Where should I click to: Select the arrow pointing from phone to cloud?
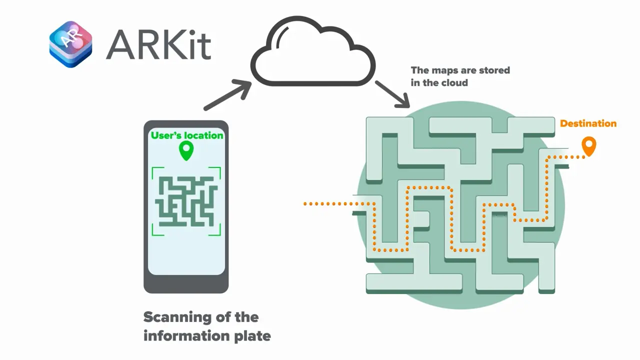pos(227,95)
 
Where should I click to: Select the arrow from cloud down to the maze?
pos(392,94)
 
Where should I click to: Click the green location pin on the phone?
pos(186,150)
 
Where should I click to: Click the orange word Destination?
pos(588,123)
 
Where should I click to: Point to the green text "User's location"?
pos(187,135)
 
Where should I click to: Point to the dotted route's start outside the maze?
pos(306,203)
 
